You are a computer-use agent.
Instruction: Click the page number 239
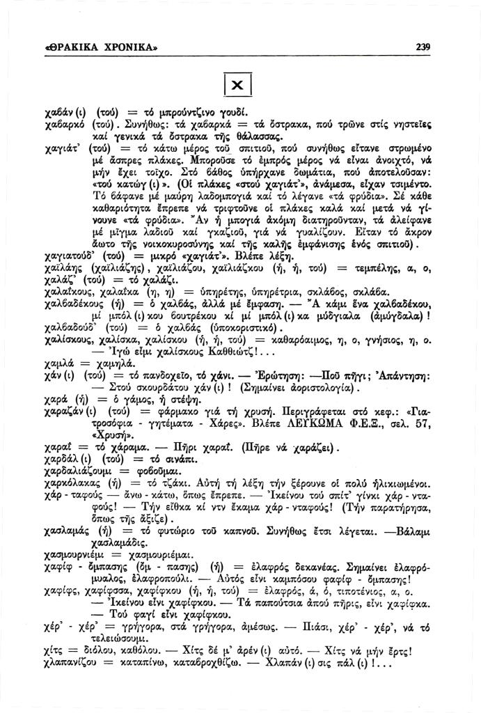pyautogui.click(x=423, y=47)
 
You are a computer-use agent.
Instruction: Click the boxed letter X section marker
pyautogui.click(x=237, y=85)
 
